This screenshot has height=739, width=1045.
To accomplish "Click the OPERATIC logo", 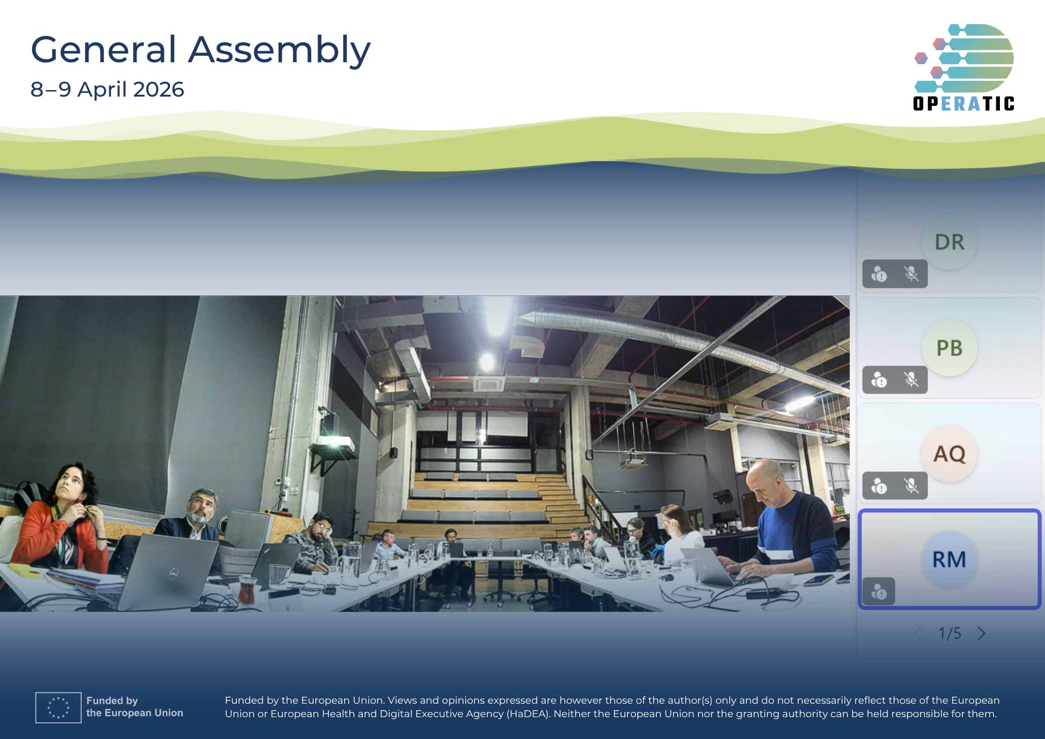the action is coord(964,67).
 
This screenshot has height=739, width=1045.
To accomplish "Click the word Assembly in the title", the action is coord(279,50).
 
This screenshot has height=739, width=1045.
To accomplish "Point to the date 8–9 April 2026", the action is coord(107,89).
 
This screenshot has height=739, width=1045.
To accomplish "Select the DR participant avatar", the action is coord(949,242).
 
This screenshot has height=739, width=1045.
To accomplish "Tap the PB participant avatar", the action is coord(949,348).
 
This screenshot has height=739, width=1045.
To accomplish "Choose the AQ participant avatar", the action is coord(949,453).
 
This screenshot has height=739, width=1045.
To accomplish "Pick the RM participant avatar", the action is coord(949,559).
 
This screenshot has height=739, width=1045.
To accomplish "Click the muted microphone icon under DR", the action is coord(911,274).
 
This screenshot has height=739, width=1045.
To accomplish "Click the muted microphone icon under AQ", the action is coord(911,486).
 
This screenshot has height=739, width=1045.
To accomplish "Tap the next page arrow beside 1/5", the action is coord(981,633).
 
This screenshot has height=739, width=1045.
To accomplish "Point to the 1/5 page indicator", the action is coord(949,633).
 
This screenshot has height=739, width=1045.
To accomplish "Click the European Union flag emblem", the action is coord(59,707).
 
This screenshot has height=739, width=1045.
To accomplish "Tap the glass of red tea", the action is coord(246,590).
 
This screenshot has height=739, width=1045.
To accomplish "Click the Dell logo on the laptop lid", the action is coord(173,575).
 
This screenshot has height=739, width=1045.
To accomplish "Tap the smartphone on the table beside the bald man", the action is coord(818,580).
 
